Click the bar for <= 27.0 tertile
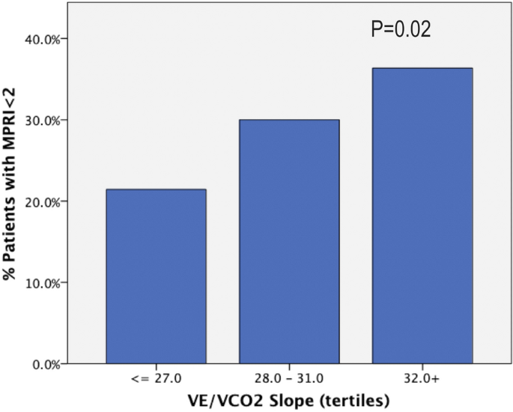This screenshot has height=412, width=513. pyautogui.click(x=156, y=277)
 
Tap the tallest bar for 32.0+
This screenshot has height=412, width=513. pyautogui.click(x=422, y=216)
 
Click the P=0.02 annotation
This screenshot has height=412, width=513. pyautogui.click(x=401, y=29)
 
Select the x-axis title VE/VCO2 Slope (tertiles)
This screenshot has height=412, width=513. pyautogui.click(x=289, y=401)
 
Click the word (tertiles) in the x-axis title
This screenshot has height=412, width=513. pyautogui.click(x=355, y=401)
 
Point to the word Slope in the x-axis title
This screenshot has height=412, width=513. pyautogui.click(x=295, y=401)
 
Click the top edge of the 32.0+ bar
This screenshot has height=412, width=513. pyautogui.click(x=422, y=69)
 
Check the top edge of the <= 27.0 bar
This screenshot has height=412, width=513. pyautogui.click(x=156, y=190)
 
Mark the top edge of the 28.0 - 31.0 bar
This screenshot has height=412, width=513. pyautogui.click(x=289, y=121)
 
